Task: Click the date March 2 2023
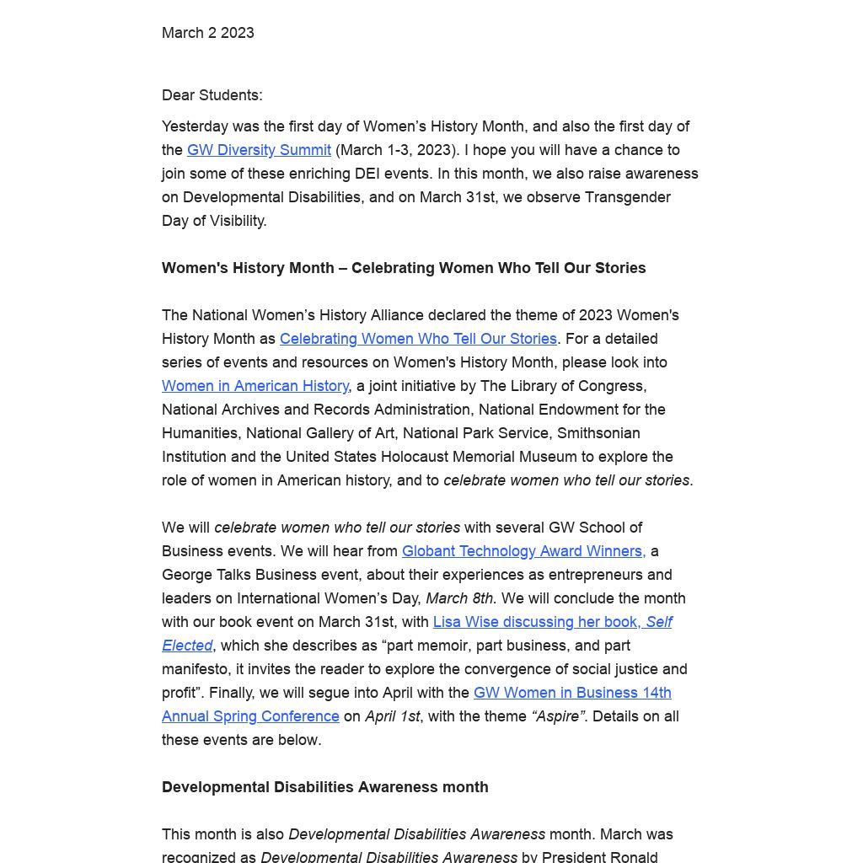(x=207, y=33)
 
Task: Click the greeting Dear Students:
(x=212, y=95)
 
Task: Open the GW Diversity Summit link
(x=259, y=150)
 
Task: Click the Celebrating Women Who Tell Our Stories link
(x=418, y=339)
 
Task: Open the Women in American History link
(x=255, y=386)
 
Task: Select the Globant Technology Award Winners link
(x=523, y=551)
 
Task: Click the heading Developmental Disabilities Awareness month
(x=324, y=787)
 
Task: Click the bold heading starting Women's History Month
(x=404, y=268)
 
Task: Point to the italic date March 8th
(x=459, y=598)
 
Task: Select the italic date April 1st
(x=392, y=716)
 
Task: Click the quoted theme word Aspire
(x=557, y=716)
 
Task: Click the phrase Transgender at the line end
(x=628, y=197)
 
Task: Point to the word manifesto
(x=195, y=669)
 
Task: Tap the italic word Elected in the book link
(x=187, y=646)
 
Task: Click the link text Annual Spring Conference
(x=250, y=716)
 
